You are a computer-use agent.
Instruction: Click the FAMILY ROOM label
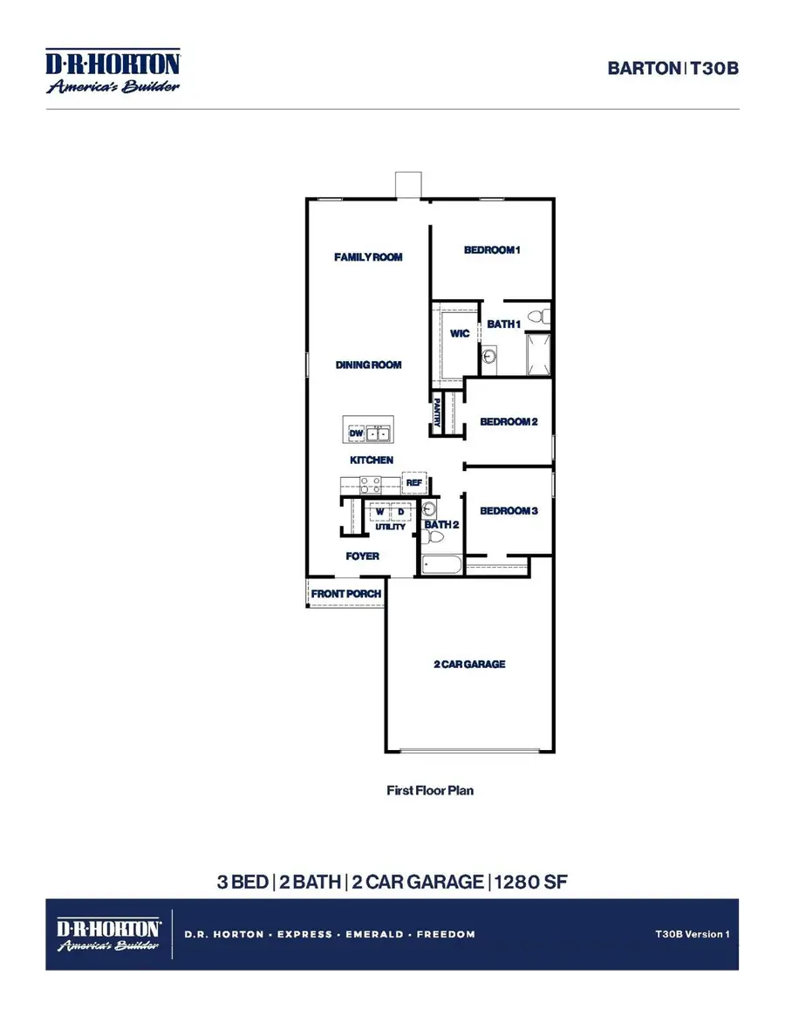[x=368, y=257]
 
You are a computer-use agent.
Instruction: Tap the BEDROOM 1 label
[x=492, y=250]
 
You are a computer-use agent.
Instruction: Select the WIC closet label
[x=460, y=334]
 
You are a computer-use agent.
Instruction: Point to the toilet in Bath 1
[x=541, y=315]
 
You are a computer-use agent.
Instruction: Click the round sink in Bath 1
[x=489, y=356]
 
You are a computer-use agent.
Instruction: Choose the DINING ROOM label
[x=368, y=365]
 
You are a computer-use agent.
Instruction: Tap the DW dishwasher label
[x=356, y=433]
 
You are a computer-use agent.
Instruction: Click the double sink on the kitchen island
[x=379, y=433]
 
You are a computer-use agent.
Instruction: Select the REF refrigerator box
[x=413, y=482]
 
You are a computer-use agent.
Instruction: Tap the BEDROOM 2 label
[x=509, y=422]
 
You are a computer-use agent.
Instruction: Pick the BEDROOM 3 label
[x=509, y=511]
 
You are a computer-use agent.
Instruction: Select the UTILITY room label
[x=390, y=527]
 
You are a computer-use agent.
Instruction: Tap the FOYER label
[x=363, y=556]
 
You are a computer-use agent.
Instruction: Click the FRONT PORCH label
[x=347, y=595]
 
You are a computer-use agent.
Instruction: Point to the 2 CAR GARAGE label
[x=470, y=665]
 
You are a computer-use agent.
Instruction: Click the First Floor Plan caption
[x=430, y=791]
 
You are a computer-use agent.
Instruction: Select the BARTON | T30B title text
[x=672, y=68]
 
